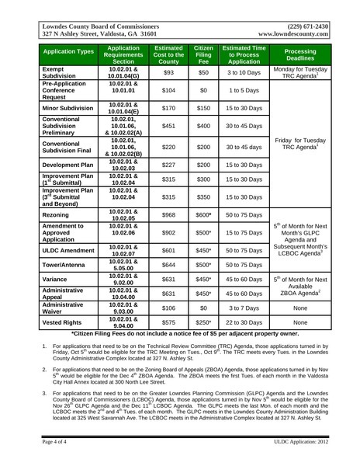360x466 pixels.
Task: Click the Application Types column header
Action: pyautogui.click(x=68, y=54)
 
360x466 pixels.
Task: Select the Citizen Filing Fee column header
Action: pyautogui.click(x=203, y=54)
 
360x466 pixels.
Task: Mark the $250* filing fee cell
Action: pyautogui.click(x=203, y=321)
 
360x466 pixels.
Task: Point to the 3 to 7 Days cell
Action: pyautogui.click(x=244, y=308)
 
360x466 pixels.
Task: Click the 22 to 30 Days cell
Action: pyautogui.click(x=244, y=321)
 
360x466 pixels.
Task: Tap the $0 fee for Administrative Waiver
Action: pyautogui.click(x=203, y=308)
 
